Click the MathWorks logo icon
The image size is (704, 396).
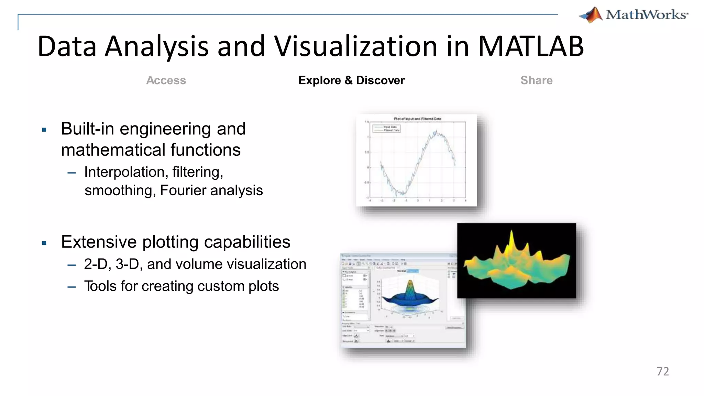tap(591, 15)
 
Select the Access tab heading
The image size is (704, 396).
tap(166, 80)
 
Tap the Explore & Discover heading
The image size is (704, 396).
tap(351, 80)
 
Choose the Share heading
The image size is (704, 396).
tap(536, 80)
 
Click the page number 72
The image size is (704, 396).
tap(662, 371)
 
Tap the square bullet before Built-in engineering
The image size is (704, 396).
tap(44, 130)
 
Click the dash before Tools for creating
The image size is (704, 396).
tap(71, 287)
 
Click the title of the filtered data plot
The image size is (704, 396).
tap(417, 119)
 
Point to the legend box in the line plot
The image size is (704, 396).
tap(386, 129)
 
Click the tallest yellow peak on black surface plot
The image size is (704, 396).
tap(512, 239)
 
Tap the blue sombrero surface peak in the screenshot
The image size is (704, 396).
tap(410, 287)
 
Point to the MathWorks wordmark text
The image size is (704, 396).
tap(646, 15)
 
